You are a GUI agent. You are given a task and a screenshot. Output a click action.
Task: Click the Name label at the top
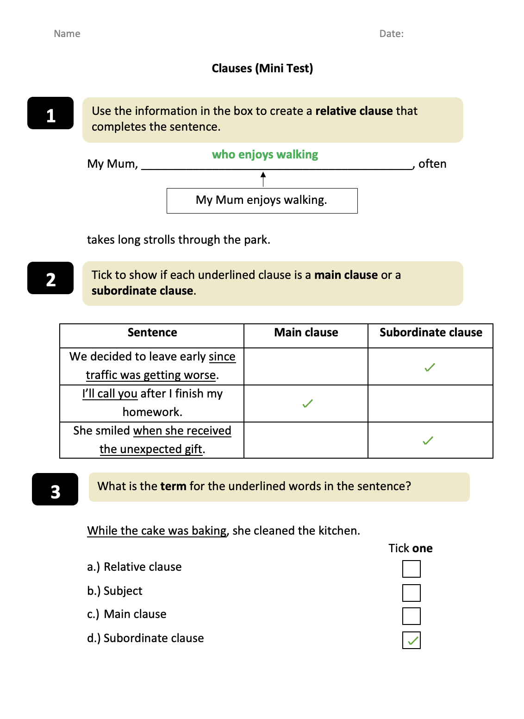pyautogui.click(x=67, y=34)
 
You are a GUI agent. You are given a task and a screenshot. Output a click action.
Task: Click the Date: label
pyautogui.click(x=391, y=34)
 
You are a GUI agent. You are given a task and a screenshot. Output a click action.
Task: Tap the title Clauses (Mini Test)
pyautogui.click(x=262, y=69)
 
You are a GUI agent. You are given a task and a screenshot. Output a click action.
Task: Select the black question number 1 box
pyautogui.click(x=50, y=114)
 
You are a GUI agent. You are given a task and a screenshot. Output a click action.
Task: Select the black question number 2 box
pyautogui.click(x=50, y=278)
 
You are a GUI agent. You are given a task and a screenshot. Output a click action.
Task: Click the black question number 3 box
pyautogui.click(x=55, y=489)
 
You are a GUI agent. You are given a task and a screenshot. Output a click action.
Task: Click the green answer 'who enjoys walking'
pyautogui.click(x=265, y=154)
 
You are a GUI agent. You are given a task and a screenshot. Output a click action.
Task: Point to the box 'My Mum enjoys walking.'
pyautogui.click(x=262, y=201)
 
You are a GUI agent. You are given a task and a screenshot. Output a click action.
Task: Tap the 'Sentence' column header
pyautogui.click(x=152, y=333)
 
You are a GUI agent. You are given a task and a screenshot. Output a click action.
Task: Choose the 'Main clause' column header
pyautogui.click(x=306, y=333)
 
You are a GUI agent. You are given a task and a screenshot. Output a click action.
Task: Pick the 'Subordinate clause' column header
pyautogui.click(x=430, y=333)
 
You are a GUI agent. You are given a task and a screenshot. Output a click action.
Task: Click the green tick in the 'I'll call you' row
pyautogui.click(x=307, y=404)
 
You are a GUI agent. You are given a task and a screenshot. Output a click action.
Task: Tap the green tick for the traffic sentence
pyautogui.click(x=430, y=367)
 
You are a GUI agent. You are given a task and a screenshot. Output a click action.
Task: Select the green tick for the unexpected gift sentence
pyautogui.click(x=428, y=441)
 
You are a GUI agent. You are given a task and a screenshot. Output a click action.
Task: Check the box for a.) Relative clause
pyautogui.click(x=411, y=569)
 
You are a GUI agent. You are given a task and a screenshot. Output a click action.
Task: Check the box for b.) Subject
pyautogui.click(x=411, y=593)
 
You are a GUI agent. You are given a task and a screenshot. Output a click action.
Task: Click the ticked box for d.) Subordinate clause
pyautogui.click(x=411, y=640)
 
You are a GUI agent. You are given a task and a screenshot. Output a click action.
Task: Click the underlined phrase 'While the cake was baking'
pyautogui.click(x=157, y=531)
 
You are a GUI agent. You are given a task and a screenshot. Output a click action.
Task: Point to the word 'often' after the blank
pyautogui.click(x=432, y=164)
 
